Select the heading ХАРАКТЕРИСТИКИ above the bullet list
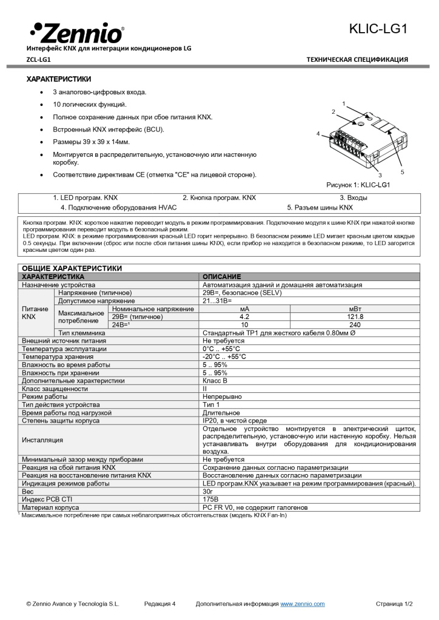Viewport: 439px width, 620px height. [x=58, y=79]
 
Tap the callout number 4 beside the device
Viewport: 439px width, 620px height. [x=318, y=133]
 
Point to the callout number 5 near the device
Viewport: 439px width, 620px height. [x=402, y=172]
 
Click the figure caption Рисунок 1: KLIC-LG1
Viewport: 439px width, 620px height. [x=357, y=185]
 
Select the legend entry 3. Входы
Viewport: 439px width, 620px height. [x=353, y=197]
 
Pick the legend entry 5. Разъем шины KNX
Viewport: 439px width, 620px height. [x=320, y=207]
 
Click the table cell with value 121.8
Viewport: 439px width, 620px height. [x=355, y=317]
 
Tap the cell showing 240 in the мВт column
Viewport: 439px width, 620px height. [x=355, y=325]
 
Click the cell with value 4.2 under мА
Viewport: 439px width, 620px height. [x=245, y=317]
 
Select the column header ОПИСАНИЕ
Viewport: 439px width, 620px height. [x=221, y=277]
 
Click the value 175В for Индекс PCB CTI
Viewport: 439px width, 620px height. [x=211, y=500]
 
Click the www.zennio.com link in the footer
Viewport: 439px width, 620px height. [x=302, y=604]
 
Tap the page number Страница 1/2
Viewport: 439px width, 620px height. [x=394, y=604]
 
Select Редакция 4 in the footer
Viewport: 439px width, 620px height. [x=160, y=604]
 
